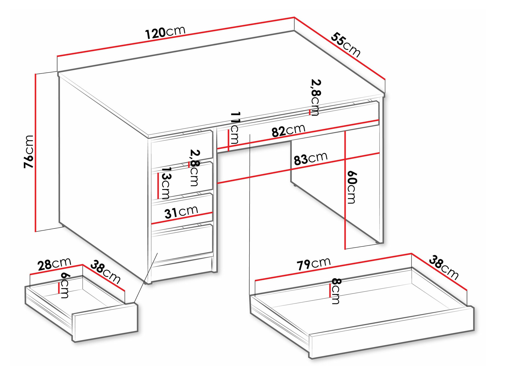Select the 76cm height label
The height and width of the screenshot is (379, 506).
(x=29, y=152)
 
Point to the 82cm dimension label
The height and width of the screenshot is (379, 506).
(x=288, y=131)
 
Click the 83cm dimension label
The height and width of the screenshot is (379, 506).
(x=310, y=159)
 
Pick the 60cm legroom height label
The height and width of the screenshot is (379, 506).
(x=351, y=187)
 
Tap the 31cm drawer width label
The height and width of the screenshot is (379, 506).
(x=181, y=212)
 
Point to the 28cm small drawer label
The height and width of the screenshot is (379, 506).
(x=54, y=264)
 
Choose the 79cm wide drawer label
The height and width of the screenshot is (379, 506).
(x=313, y=264)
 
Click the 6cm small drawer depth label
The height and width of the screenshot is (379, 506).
(x=65, y=286)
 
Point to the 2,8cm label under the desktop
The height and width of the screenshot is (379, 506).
(x=316, y=97)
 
